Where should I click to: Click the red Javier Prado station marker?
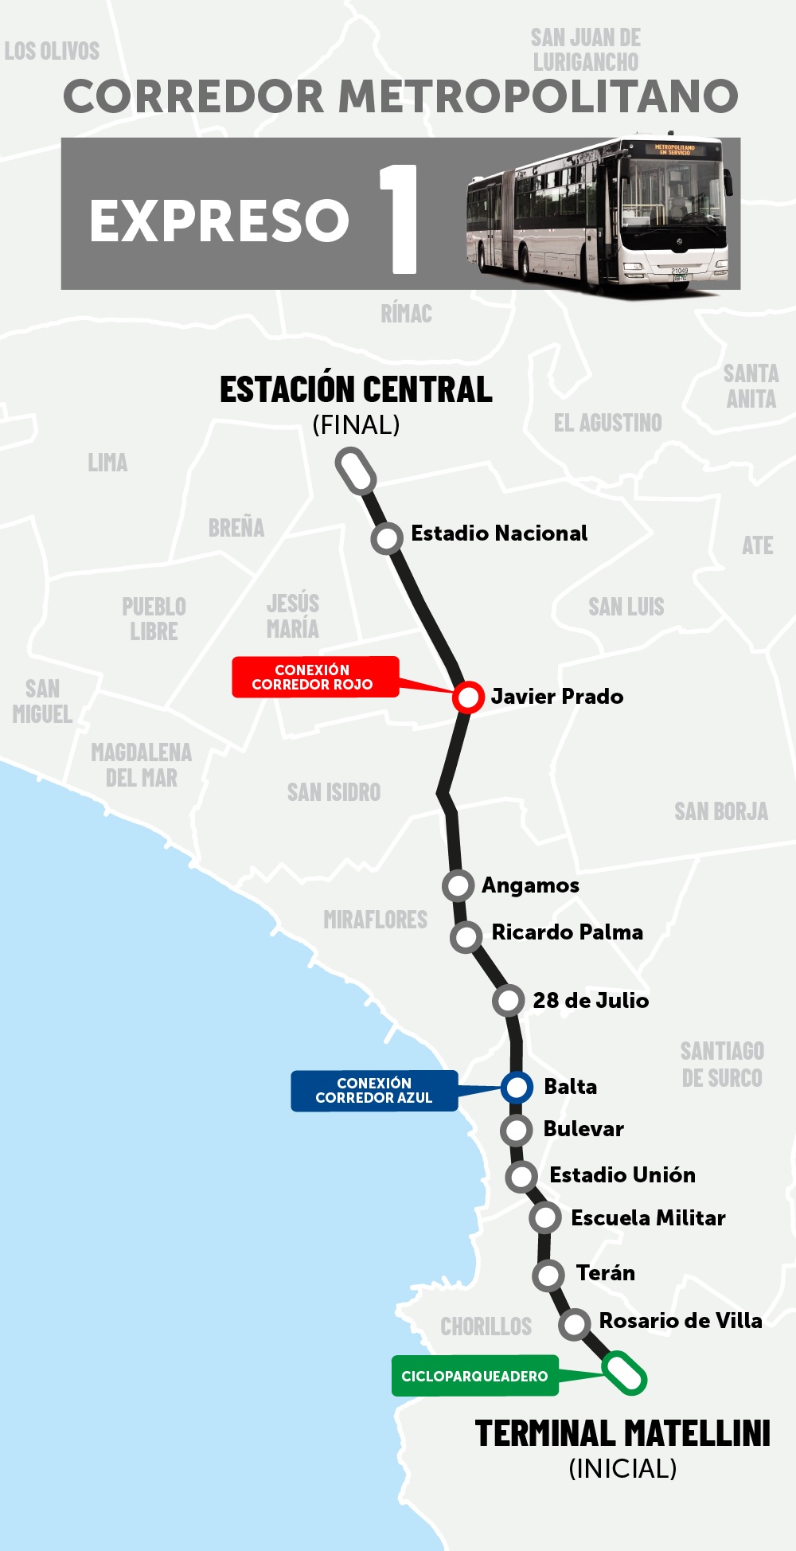pyautogui.click(x=468, y=697)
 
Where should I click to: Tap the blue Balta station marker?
pyautogui.click(x=517, y=1087)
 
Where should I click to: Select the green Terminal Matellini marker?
pyautogui.click(x=624, y=1373)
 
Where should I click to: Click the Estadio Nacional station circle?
pyautogui.click(x=387, y=539)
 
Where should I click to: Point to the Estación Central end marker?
pyautogui.click(x=355, y=471)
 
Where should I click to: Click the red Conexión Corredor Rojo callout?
pyautogui.click(x=314, y=677)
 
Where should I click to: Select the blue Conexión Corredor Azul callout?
pyautogui.click(x=373, y=1091)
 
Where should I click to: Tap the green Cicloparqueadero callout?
pyautogui.click(x=474, y=1376)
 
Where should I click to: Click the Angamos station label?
pyautogui.click(x=530, y=885)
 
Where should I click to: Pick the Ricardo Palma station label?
pyautogui.click(x=567, y=932)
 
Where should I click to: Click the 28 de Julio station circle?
pyautogui.click(x=509, y=1001)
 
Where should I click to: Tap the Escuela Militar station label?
pyautogui.click(x=648, y=1218)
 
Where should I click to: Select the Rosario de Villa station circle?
pyautogui.click(x=574, y=1324)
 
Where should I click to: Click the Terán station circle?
pyautogui.click(x=548, y=1276)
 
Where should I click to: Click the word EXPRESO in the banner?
pyautogui.click(x=219, y=221)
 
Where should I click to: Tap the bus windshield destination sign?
pyautogui.click(x=674, y=149)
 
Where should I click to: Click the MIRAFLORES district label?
pyautogui.click(x=375, y=920)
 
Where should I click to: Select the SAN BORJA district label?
pyautogui.click(x=720, y=811)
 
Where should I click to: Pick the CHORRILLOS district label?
pyautogui.click(x=486, y=1326)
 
